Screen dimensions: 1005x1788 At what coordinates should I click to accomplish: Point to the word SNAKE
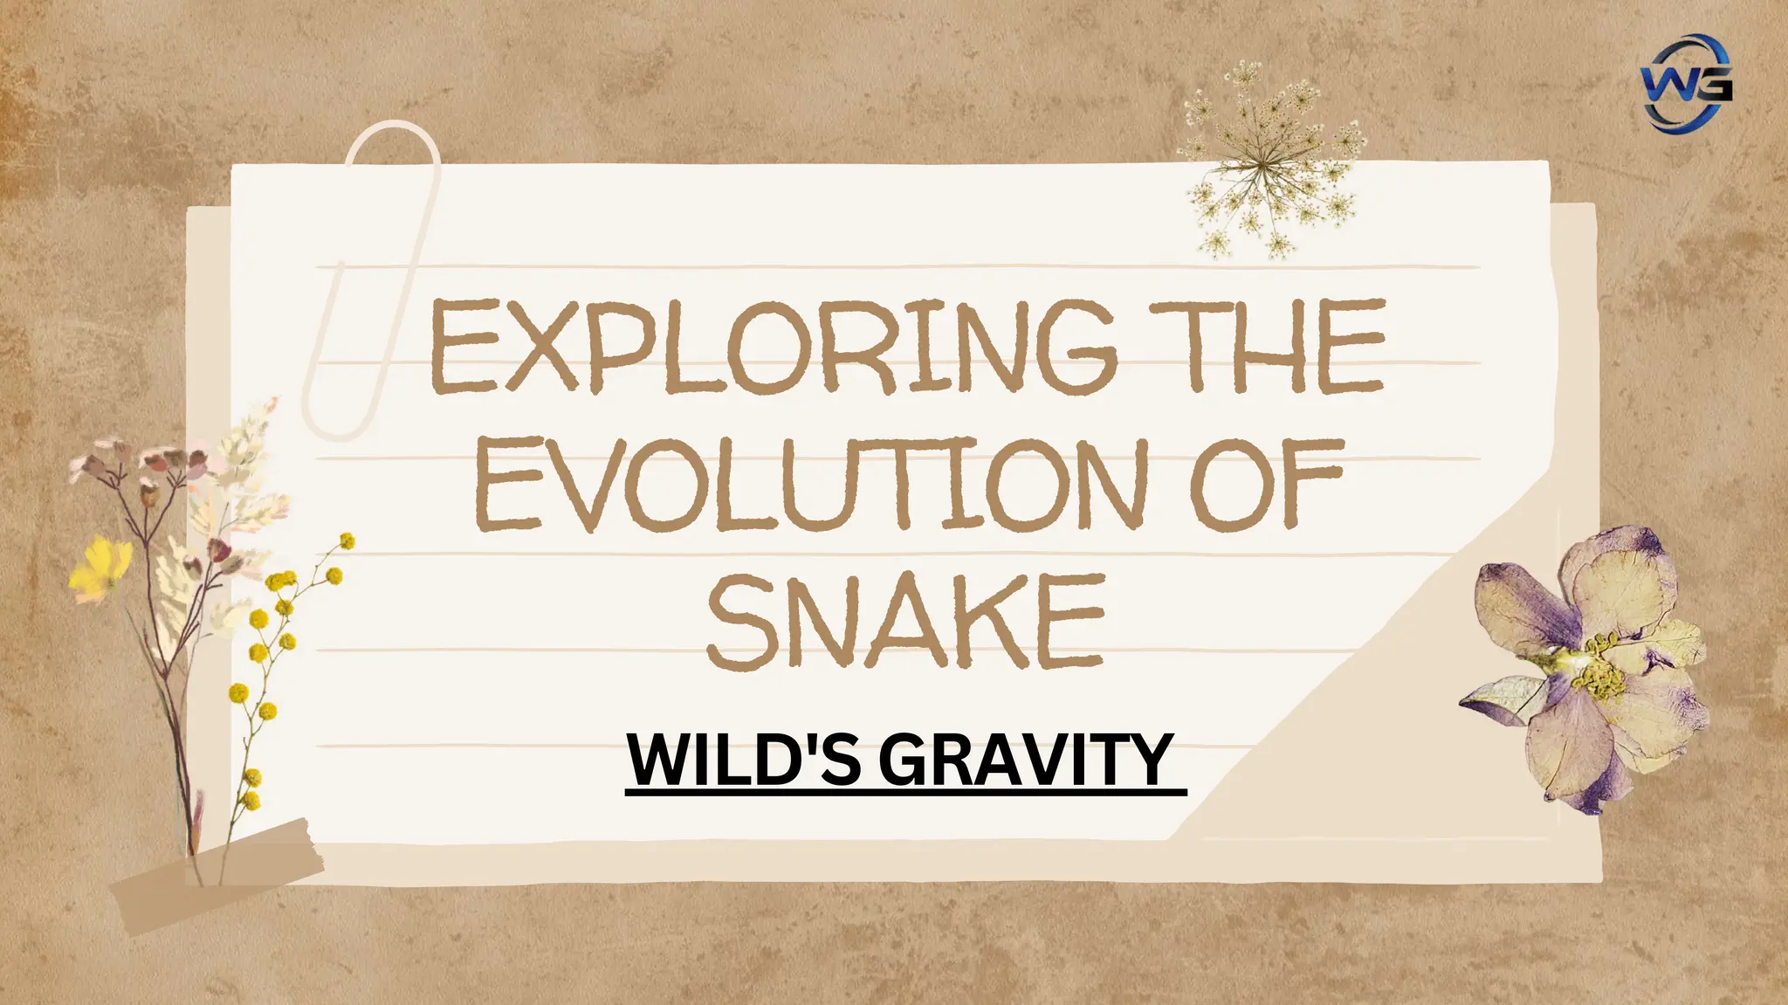tap(905, 622)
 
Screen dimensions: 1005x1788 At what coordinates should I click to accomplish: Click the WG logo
tap(1685, 83)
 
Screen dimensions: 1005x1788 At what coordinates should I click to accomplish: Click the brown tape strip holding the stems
tap(218, 873)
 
